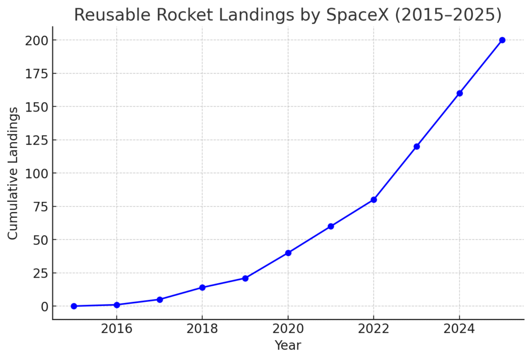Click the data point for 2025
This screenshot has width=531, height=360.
(502, 40)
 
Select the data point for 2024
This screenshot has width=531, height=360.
(459, 93)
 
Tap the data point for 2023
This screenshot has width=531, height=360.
(416, 146)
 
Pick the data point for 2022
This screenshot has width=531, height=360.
(373, 200)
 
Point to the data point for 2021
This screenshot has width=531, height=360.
(331, 226)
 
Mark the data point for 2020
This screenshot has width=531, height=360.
(288, 253)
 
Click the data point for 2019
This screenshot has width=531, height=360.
(245, 278)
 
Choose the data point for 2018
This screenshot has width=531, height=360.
(202, 287)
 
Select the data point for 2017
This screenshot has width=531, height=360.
(159, 299)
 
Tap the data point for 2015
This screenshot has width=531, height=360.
(74, 306)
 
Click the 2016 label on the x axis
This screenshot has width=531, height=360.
(117, 328)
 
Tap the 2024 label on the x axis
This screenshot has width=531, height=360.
(459, 328)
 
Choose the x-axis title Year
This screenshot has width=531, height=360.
(288, 345)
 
